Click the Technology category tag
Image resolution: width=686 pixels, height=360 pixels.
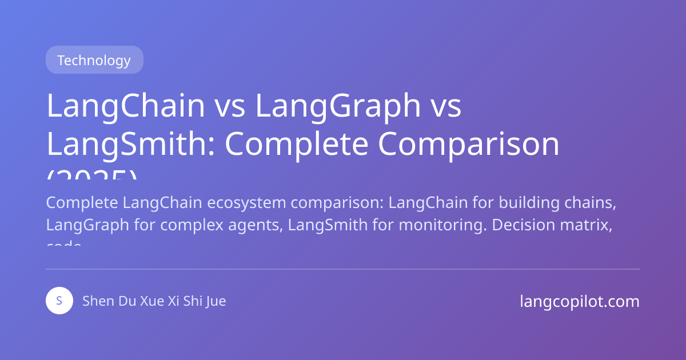coord(94,60)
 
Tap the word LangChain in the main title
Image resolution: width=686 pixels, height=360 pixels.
coord(125,106)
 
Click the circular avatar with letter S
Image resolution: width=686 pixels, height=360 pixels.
coord(59,301)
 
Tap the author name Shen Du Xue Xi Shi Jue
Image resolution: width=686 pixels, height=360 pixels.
coord(154,301)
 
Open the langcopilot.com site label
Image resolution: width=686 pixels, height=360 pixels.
coord(580,301)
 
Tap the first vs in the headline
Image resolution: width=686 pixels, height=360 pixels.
coord(229,106)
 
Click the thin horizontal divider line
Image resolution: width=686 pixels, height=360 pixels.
coord(343,269)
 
